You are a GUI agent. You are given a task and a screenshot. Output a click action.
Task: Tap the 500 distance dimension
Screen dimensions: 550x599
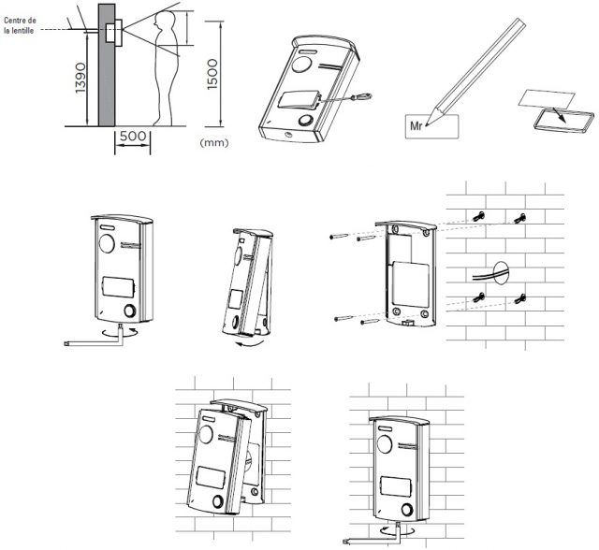[134, 136]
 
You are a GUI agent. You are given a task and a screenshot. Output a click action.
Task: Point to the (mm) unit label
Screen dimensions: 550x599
[214, 143]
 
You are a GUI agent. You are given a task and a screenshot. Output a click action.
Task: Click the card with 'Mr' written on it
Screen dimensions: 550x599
[431, 124]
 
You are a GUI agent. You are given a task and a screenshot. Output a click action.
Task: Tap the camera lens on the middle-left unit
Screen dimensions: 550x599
[106, 244]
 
